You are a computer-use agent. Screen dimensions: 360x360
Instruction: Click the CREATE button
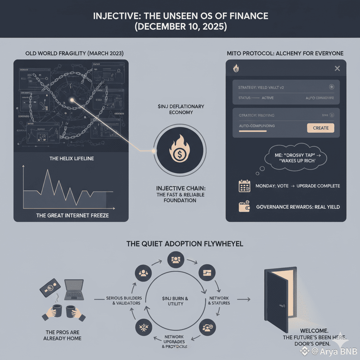321,128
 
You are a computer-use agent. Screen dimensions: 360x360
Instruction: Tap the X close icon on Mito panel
337,69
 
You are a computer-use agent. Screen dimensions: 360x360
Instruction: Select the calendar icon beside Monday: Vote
244,186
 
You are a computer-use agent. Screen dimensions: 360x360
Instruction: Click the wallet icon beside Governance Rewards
244,207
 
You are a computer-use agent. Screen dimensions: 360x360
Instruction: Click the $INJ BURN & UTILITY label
175,301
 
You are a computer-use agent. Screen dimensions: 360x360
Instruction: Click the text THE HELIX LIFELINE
71,159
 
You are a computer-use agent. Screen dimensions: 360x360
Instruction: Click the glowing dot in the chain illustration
72,100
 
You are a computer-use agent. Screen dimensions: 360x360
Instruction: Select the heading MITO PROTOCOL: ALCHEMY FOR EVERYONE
285,53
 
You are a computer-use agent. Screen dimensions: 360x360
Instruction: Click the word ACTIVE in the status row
268,98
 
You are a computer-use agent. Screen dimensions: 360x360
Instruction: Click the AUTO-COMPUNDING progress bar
252,131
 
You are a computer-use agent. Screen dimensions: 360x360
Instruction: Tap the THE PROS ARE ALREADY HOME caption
63,335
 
